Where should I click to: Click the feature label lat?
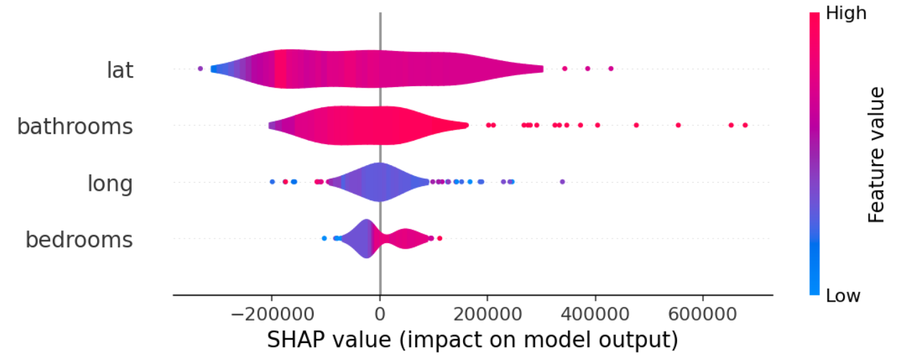119,69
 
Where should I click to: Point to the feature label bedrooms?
79,239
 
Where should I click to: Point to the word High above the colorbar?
845,14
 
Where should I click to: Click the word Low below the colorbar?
843,295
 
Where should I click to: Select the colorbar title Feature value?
876,155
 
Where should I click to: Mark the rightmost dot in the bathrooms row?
745,125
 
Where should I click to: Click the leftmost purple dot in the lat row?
200,69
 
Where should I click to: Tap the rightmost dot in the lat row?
610,69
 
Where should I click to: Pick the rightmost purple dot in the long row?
562,181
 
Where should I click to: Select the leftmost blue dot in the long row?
272,181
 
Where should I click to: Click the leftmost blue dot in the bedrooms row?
324,238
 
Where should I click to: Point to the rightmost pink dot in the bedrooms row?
440,238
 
